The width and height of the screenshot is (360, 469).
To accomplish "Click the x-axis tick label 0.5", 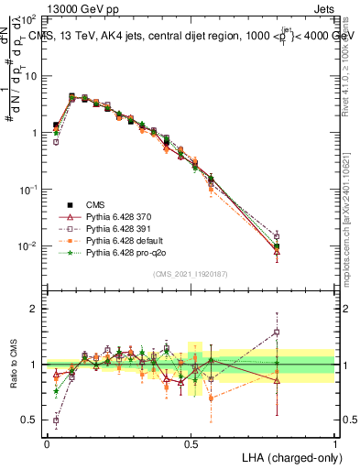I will pyautogui.click(x=191, y=443).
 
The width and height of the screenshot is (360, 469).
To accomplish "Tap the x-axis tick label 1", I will pyautogui.click(x=335, y=443).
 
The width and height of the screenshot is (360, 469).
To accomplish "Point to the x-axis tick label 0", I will pyautogui.click(x=47, y=443).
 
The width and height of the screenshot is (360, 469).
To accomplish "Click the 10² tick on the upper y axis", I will pyautogui.click(x=28, y=19).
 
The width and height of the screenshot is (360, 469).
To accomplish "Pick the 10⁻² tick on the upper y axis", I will pyautogui.click(x=28, y=246).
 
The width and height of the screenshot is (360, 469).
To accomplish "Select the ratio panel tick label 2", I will pyautogui.click(x=37, y=310).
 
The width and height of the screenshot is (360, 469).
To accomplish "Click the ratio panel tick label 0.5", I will pyautogui.click(x=33, y=420).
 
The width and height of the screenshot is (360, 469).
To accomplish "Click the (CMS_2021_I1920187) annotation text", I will pyautogui.click(x=191, y=275).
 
